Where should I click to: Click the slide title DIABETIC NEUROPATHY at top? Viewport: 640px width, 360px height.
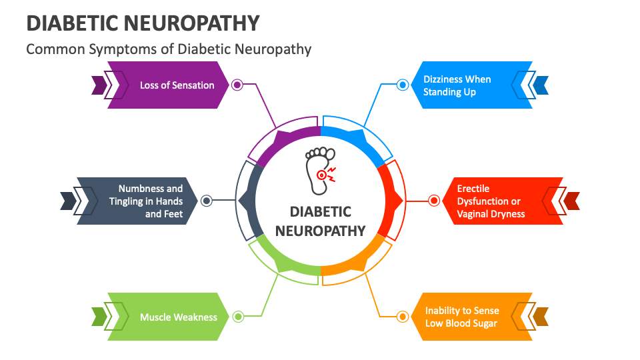click(143, 23)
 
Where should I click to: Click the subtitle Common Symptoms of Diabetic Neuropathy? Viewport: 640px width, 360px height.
click(169, 49)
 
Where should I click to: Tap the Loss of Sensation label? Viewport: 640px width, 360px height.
click(177, 85)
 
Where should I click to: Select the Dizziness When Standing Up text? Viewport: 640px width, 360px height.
click(457, 85)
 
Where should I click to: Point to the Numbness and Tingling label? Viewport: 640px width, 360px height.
click(150, 201)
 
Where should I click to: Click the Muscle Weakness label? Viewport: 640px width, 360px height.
click(178, 317)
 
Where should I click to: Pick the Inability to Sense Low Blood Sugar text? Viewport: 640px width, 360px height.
click(462, 317)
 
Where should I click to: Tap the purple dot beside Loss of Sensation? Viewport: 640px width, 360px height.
click(237, 85)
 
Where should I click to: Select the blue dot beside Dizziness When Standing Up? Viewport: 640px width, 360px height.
click(403, 85)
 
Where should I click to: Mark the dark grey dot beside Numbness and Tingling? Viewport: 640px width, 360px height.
click(207, 200)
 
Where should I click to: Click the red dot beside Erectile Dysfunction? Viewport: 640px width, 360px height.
click(434, 200)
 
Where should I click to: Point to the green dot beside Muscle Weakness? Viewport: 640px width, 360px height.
click(238, 317)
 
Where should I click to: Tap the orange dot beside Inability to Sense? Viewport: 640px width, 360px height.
click(402, 317)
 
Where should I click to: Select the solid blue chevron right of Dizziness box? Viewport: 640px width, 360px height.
click(541, 85)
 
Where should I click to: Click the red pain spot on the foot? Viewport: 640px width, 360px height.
click(322, 175)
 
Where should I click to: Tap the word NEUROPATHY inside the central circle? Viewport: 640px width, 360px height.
click(320, 231)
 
